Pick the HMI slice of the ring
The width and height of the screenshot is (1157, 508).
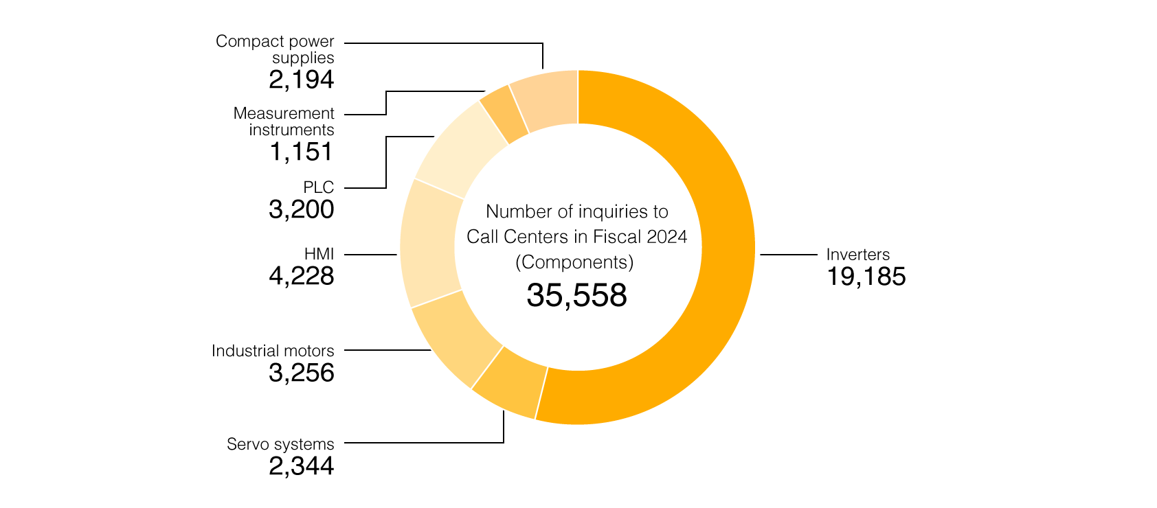tap(428, 244)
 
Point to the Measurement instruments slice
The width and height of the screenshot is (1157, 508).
tap(504, 113)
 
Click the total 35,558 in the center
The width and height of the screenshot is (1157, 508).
tap(577, 295)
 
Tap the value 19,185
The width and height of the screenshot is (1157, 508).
tap(866, 277)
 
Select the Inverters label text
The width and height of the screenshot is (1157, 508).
tap(857, 255)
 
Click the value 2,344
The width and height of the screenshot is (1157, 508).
tap(302, 466)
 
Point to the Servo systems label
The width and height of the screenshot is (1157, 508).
tap(280, 444)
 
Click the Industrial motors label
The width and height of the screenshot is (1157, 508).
tap(273, 351)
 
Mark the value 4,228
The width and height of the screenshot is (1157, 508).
tap(302, 276)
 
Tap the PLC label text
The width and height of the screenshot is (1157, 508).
tap(319, 187)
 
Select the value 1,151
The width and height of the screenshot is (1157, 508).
tap(302, 152)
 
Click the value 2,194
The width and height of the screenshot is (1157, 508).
tap(302, 80)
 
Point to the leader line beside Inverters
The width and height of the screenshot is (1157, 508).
tap(789, 255)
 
